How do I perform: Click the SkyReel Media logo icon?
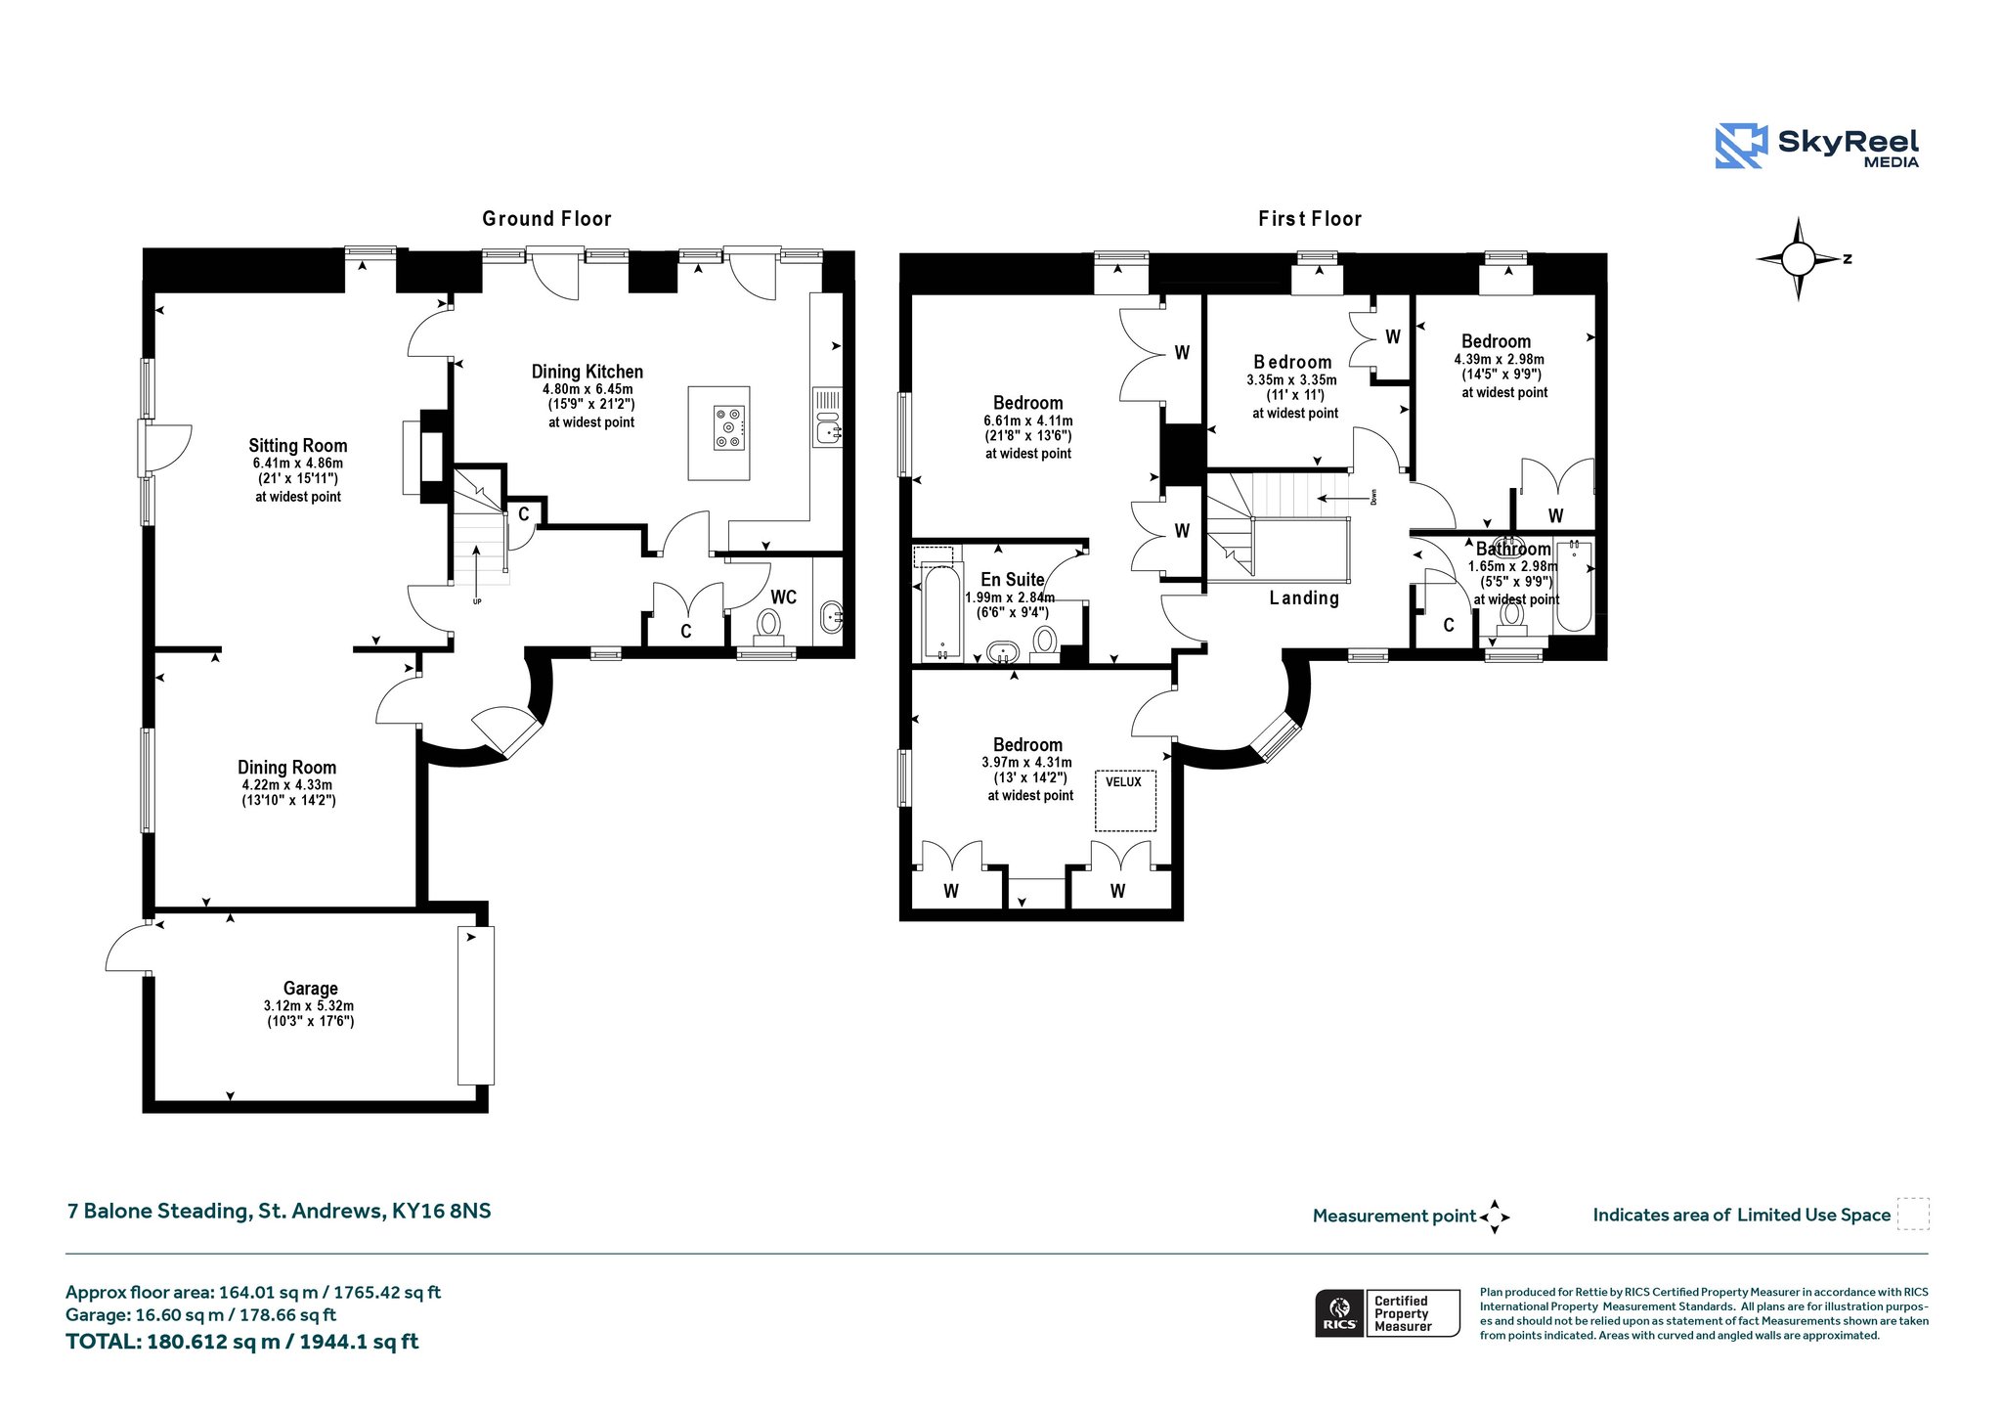coord(1741,146)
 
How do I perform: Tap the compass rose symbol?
coord(1799,259)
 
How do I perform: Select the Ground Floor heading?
coord(546,219)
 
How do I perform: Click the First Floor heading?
coord(1310,219)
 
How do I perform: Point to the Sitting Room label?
coord(298,446)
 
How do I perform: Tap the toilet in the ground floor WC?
coord(768,628)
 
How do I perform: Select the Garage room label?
coord(311,989)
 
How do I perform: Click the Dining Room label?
coord(287,768)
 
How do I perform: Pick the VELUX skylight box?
coord(1125,801)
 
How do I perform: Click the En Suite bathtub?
coord(942,613)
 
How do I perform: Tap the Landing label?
coord(1304,598)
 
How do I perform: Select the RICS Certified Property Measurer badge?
coord(1387,1313)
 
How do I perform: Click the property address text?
coord(280,1211)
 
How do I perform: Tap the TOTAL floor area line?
coord(241,1342)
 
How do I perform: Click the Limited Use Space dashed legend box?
coord(1913,1214)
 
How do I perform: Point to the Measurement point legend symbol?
coord(1495,1217)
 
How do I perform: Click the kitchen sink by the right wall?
coord(828,429)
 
